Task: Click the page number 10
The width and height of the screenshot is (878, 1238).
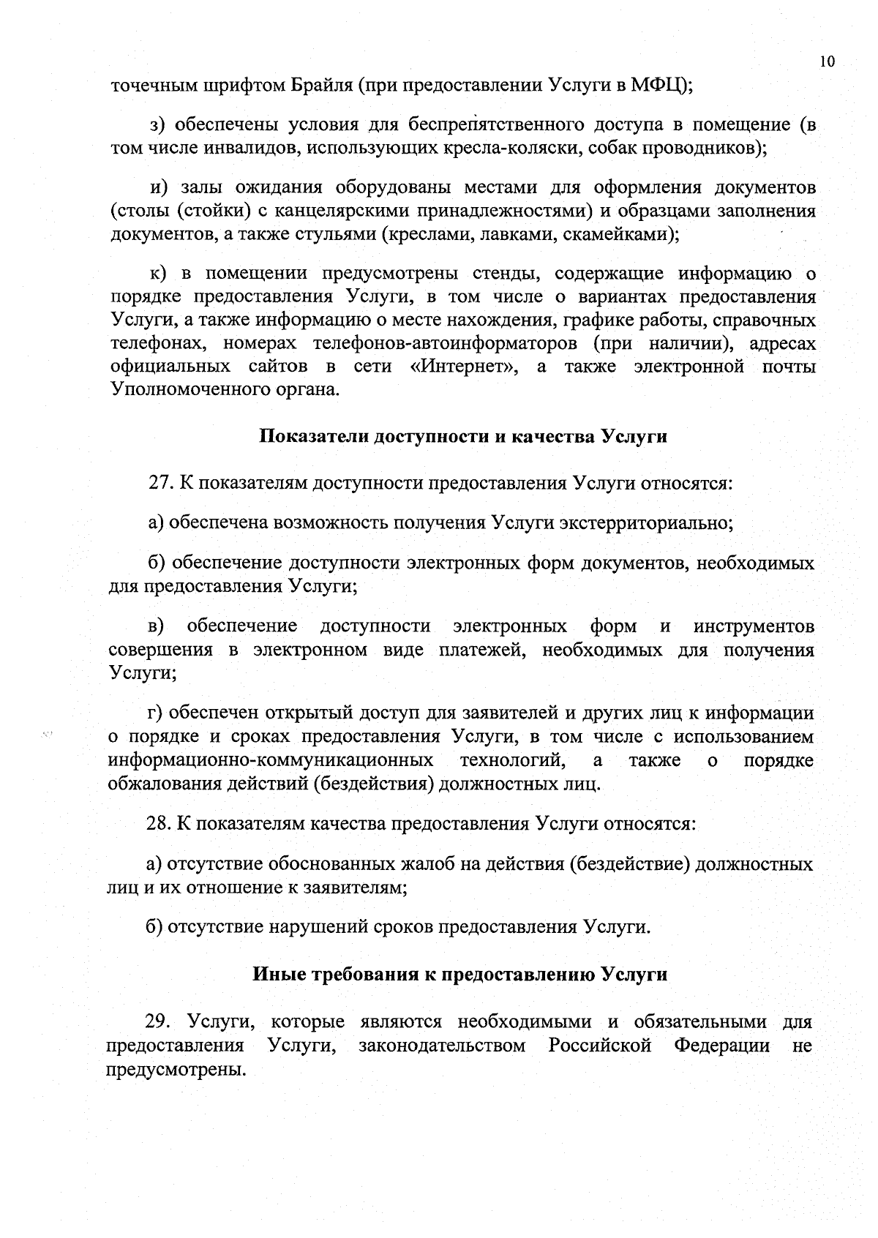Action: [826, 61]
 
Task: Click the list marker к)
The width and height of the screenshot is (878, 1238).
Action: [160, 274]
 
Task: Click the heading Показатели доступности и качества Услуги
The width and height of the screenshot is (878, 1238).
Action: [463, 437]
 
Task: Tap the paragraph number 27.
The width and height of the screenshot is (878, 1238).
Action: [160, 484]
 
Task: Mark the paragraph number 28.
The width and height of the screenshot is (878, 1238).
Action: [159, 823]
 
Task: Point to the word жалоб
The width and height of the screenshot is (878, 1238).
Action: [440, 864]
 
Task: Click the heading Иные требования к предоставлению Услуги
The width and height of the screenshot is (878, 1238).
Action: [459, 975]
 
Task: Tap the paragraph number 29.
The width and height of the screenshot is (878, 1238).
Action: [159, 1021]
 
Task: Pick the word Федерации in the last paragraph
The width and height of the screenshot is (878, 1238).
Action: [721, 1045]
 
